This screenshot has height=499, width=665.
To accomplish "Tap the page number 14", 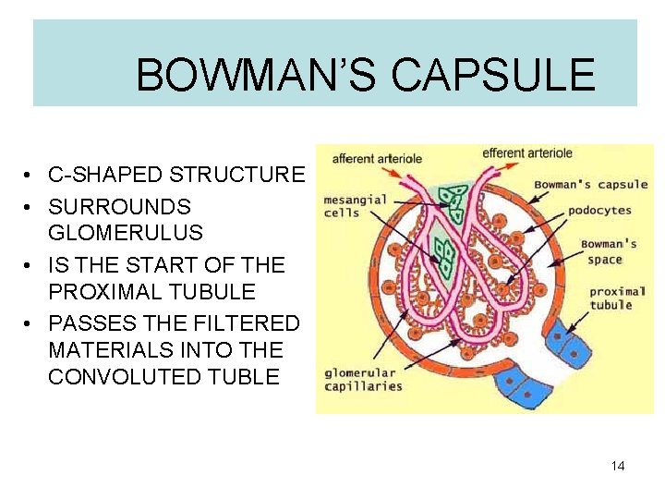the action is (x=618, y=466).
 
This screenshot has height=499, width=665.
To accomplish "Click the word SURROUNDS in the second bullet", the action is (x=119, y=206).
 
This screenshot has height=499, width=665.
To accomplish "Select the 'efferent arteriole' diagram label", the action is (x=526, y=153).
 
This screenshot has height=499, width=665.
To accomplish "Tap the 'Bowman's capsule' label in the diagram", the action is (x=591, y=184).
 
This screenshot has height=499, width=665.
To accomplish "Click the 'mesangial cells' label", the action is (x=343, y=206).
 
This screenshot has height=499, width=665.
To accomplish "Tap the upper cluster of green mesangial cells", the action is (x=453, y=201).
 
